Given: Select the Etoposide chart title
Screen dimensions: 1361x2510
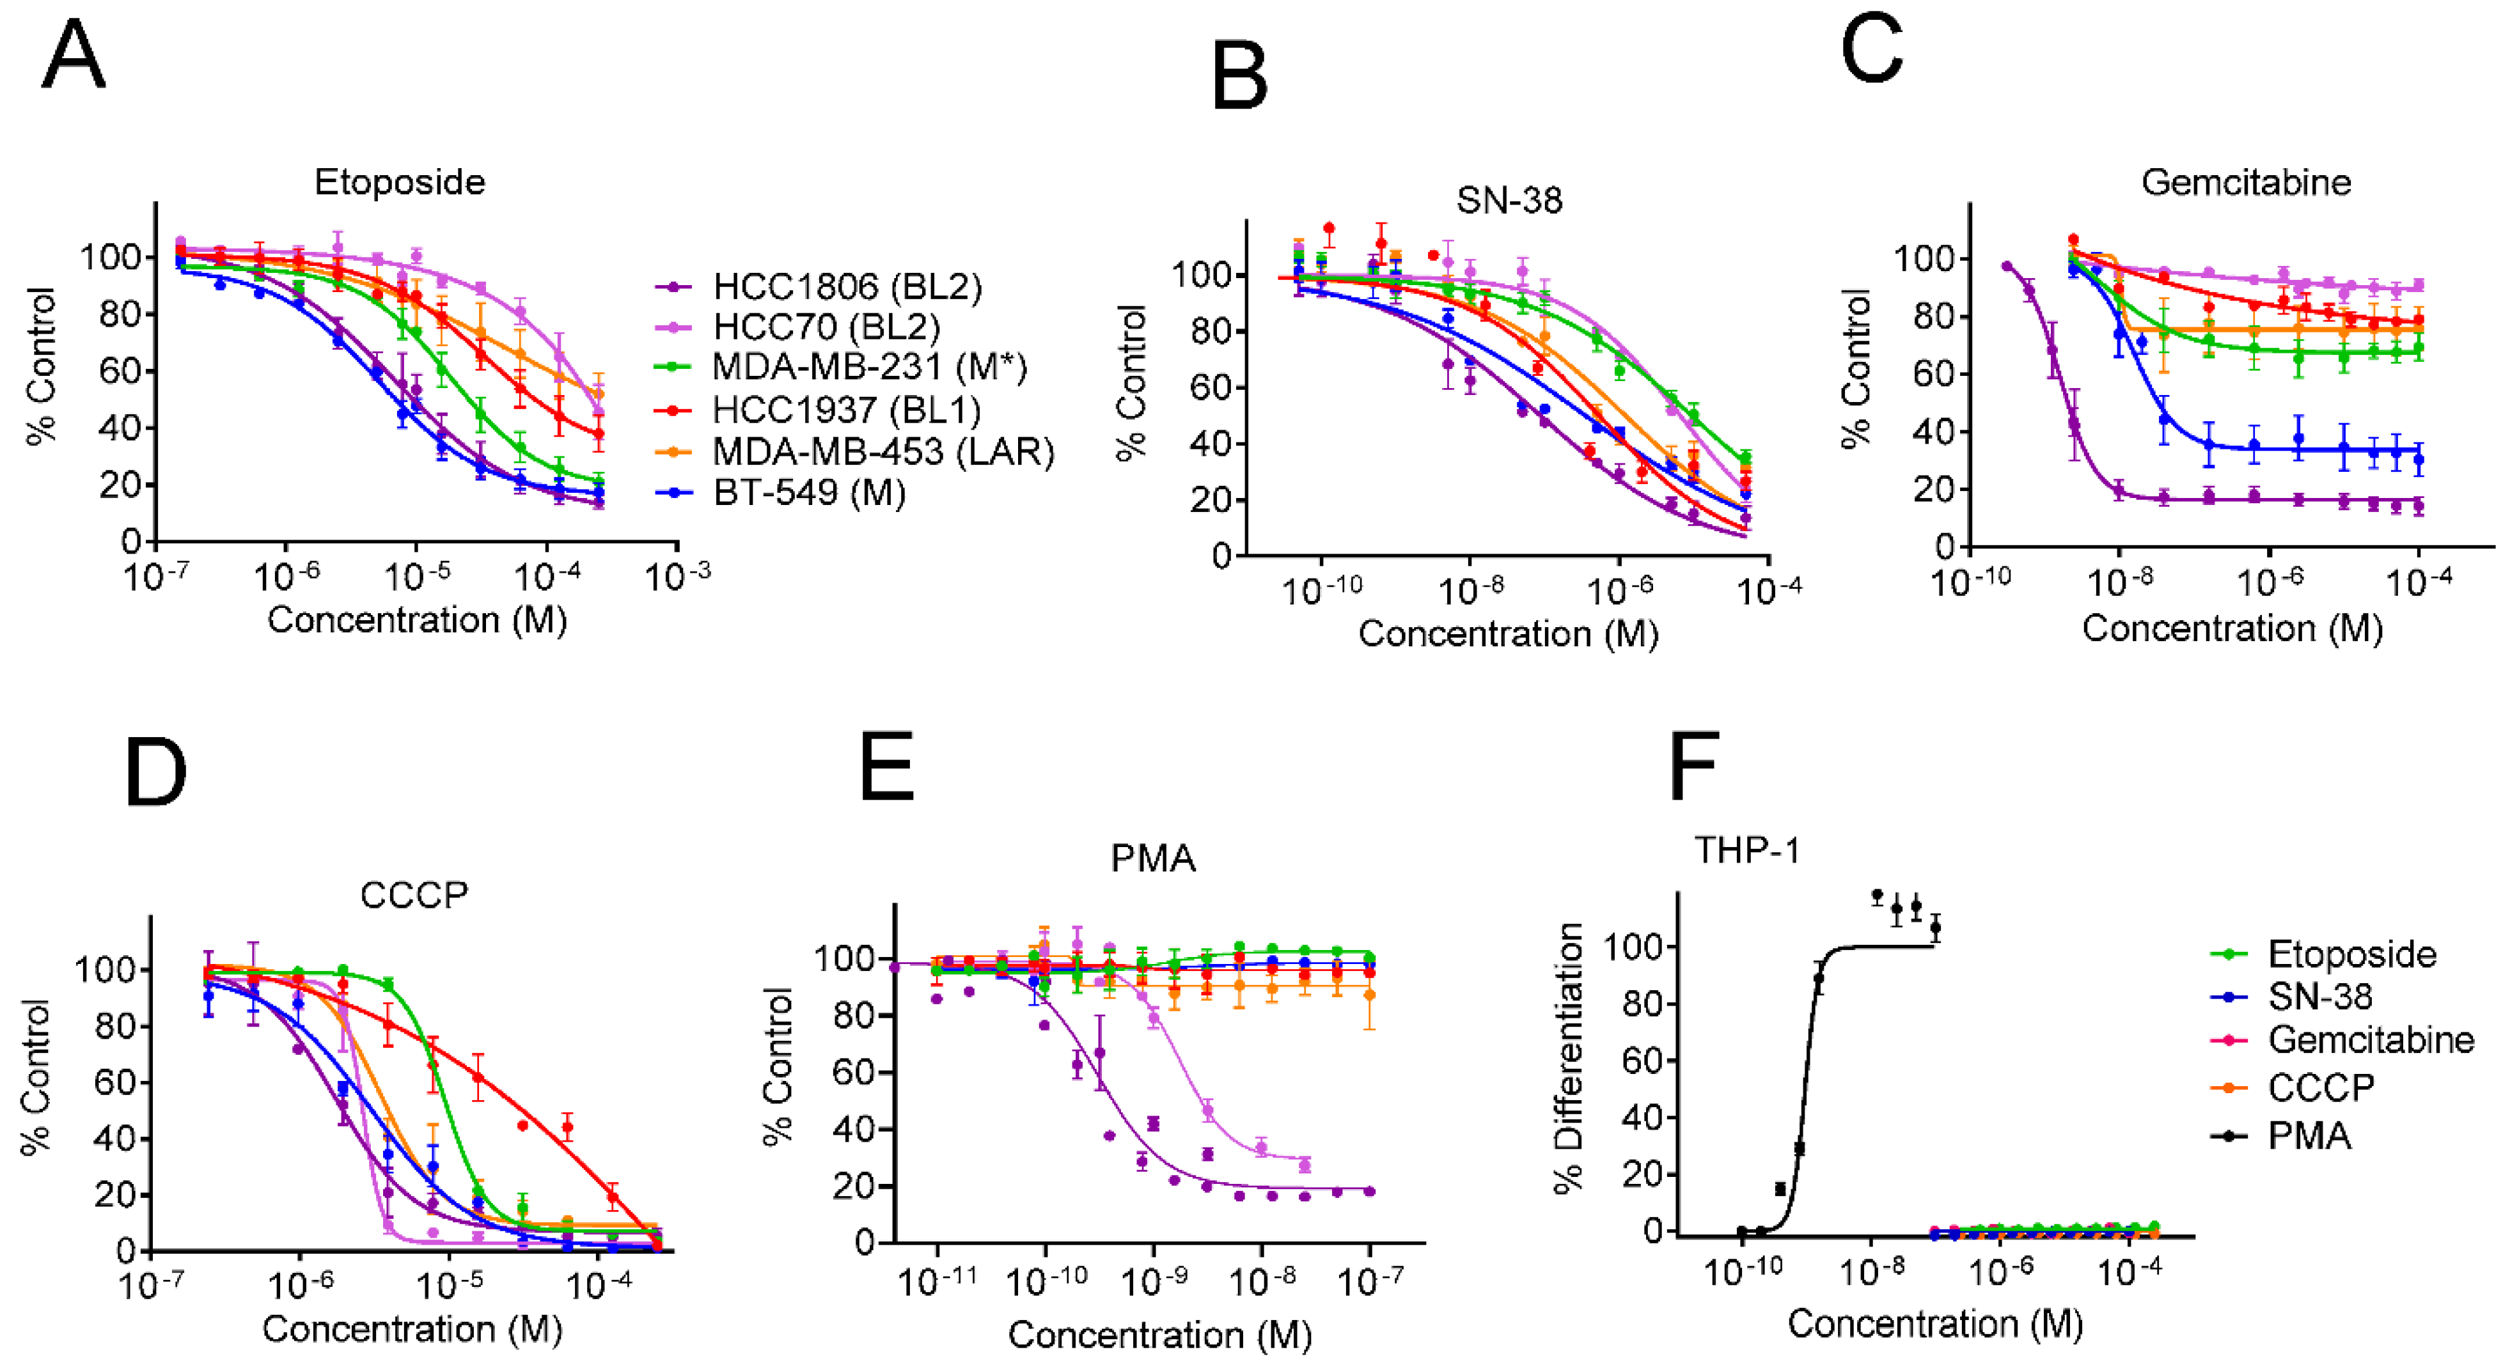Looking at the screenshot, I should (400, 182).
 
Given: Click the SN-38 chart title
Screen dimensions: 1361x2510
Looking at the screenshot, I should (1509, 201).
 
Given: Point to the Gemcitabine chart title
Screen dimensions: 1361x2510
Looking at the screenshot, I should (2246, 182).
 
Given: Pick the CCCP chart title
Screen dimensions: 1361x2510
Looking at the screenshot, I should (414, 894).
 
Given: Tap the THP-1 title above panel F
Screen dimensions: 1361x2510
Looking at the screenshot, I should (1747, 850).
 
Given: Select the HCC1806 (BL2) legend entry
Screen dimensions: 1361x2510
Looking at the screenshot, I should (847, 286).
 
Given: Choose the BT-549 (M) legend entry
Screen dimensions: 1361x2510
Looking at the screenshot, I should (809, 492).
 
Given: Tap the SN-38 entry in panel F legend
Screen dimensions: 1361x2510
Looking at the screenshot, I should (2319, 996).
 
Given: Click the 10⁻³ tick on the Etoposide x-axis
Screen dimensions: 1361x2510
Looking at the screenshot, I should (677, 577).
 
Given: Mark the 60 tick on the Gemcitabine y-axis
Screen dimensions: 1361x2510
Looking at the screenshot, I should (1929, 374).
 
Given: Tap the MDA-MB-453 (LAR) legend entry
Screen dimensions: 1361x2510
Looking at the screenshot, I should (882, 451).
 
